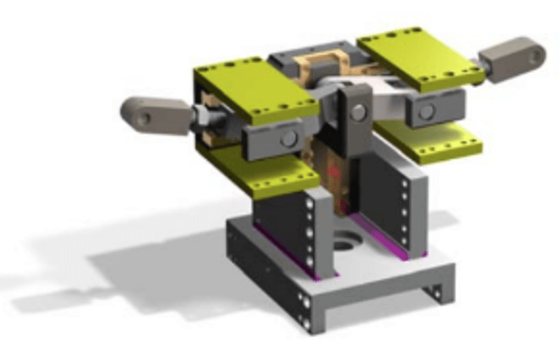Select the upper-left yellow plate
point(254,91)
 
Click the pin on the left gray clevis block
point(288,139)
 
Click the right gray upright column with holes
point(407,210)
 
